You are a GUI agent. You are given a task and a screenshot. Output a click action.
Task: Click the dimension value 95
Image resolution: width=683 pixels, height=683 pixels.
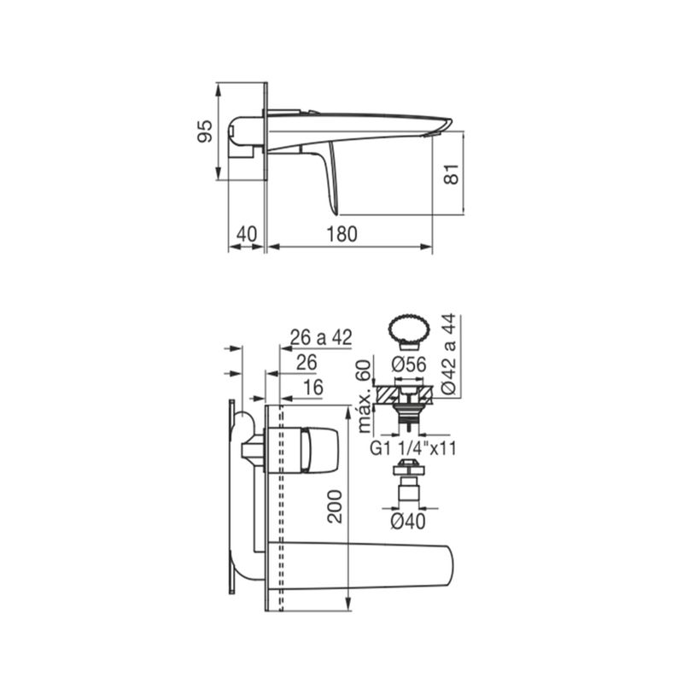[x=205, y=131]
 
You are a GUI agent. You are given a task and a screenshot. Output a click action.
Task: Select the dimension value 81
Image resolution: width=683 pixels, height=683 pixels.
[x=452, y=174]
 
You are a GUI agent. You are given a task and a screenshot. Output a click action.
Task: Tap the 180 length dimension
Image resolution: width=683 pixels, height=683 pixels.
[x=342, y=234]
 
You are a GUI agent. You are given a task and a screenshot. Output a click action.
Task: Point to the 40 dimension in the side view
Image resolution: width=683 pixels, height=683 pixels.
[x=247, y=234]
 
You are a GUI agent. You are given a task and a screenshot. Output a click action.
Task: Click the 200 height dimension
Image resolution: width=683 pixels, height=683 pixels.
[x=335, y=506]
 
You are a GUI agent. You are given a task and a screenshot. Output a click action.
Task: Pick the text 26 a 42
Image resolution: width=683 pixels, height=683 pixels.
[x=321, y=337]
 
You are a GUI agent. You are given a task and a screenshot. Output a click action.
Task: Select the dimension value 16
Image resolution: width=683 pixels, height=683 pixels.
[x=312, y=388]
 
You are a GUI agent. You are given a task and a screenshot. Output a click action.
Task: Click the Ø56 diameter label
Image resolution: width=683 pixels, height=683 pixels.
[x=409, y=365]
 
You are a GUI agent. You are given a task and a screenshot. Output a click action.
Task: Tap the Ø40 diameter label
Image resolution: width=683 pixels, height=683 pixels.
[x=408, y=521]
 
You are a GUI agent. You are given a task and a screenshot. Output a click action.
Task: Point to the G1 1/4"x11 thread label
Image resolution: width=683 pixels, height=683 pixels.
[x=413, y=448]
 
